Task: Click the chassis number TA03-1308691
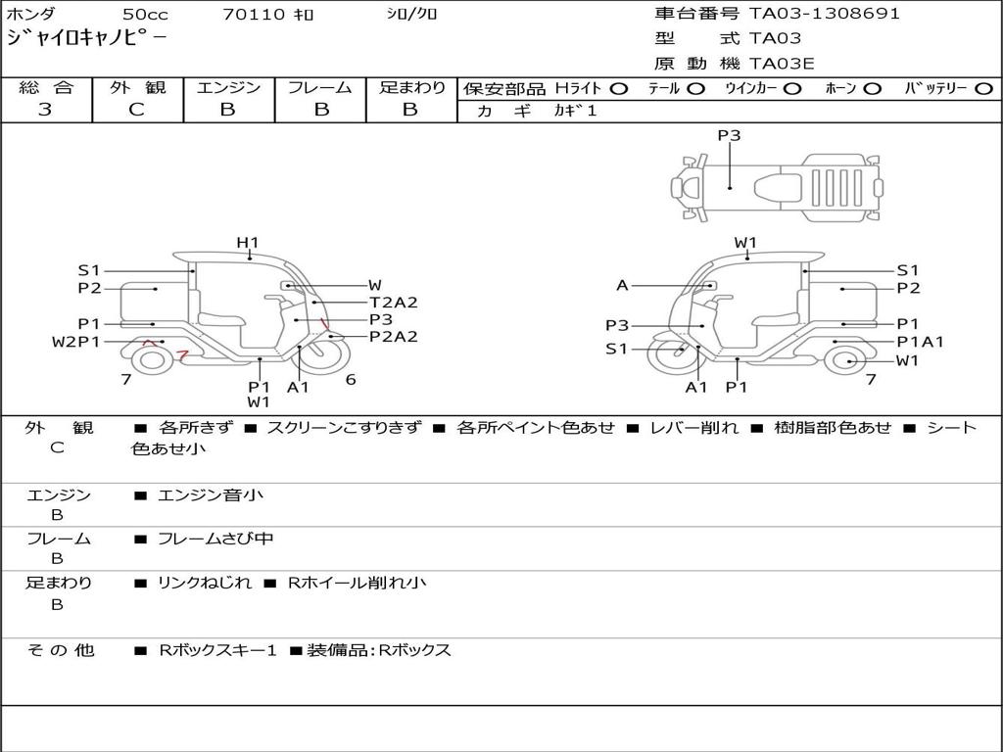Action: [824, 14]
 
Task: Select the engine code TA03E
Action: [782, 64]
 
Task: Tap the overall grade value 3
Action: [45, 110]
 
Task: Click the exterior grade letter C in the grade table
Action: [136, 110]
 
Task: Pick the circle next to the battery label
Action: [984, 89]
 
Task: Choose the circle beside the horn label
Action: [872, 89]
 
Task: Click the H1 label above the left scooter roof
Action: [248, 243]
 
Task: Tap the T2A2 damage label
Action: [394, 303]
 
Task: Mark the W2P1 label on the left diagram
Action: [76, 342]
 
